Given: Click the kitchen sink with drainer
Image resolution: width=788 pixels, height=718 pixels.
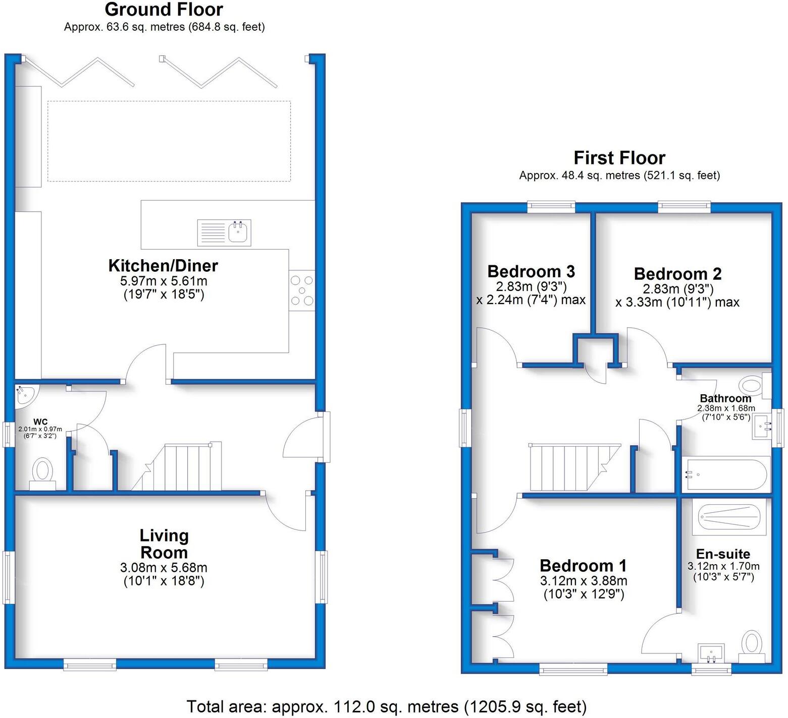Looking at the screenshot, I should (x=224, y=232).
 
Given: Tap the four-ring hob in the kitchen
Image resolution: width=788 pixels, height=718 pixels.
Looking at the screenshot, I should (x=301, y=290).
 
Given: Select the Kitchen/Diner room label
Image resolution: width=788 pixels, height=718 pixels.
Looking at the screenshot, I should (x=163, y=265).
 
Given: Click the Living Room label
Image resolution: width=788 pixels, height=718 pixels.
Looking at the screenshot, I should (x=164, y=544).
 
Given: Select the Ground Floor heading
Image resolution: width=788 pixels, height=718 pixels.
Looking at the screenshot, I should (x=164, y=9).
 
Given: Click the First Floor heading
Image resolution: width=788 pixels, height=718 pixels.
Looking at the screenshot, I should (x=619, y=158).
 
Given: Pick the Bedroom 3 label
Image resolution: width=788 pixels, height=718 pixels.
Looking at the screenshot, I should (x=531, y=271).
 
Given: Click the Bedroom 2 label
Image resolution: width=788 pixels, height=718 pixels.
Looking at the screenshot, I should (x=677, y=274).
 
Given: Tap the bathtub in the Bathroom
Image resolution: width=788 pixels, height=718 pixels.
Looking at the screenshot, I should (x=725, y=474).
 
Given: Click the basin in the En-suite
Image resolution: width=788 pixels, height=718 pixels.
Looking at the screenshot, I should (x=711, y=653).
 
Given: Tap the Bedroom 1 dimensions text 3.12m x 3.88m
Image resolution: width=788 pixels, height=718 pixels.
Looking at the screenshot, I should (x=584, y=580).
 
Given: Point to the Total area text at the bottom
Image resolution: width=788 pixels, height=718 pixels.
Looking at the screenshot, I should (x=386, y=706).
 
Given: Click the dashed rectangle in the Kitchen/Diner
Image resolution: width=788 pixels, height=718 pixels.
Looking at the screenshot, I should (x=169, y=141).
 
